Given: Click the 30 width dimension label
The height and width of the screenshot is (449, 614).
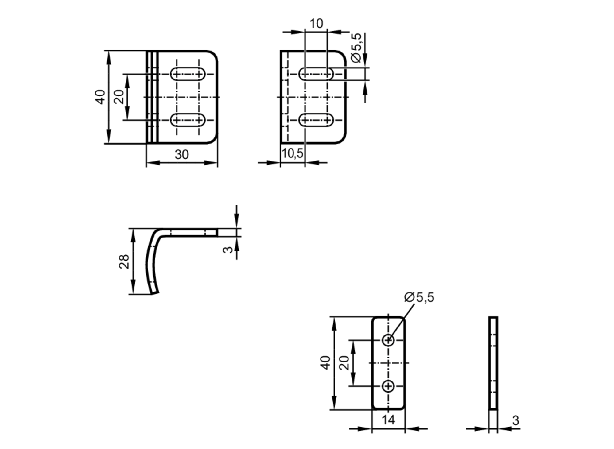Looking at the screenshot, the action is coord(181,154).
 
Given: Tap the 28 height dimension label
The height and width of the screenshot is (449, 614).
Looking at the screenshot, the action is coord(124,261).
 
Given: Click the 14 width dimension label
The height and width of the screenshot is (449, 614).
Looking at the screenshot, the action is coord(388,420).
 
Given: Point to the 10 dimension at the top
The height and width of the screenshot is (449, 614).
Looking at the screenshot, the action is coord(316,24).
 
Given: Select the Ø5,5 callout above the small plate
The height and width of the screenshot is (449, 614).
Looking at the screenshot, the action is coord(419,297).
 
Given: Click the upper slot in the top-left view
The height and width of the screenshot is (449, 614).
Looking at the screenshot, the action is coord(188,74).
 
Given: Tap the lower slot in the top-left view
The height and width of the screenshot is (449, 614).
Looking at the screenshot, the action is coord(188,120).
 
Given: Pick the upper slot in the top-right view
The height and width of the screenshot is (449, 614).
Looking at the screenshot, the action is coord(316,74).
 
